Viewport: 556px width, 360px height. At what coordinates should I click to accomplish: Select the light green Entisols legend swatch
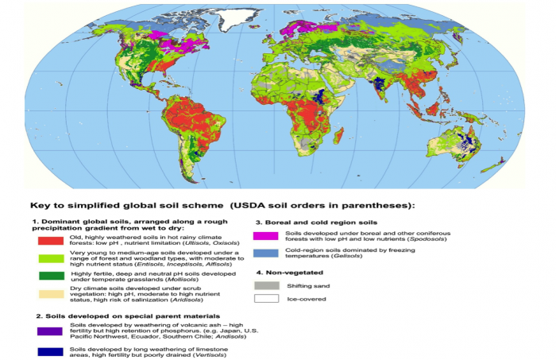[x=48, y=257]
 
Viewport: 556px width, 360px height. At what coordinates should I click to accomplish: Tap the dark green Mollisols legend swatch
[x=48, y=276]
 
